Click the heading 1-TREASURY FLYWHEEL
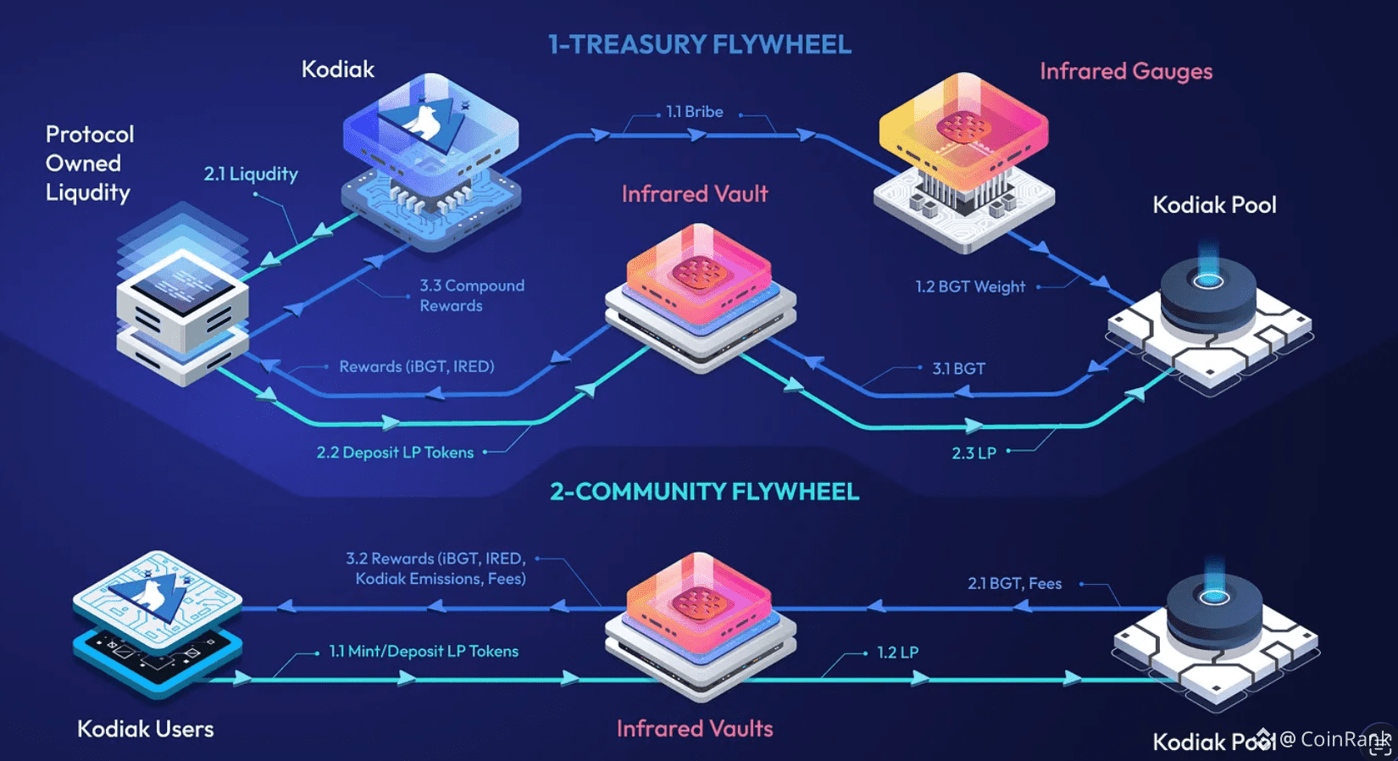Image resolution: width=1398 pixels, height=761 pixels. [699, 44]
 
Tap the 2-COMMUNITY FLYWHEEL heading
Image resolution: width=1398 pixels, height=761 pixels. [704, 492]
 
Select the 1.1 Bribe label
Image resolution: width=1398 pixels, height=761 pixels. [694, 112]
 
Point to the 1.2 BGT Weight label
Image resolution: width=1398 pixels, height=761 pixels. [969, 286]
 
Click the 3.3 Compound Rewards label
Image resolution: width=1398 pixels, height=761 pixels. [471, 296]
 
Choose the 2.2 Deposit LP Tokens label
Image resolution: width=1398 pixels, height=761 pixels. [395, 453]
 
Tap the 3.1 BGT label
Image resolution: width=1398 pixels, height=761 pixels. [958, 369]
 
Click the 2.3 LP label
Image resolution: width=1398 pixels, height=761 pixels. [974, 453]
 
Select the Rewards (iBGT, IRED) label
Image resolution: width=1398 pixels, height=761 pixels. [416, 366]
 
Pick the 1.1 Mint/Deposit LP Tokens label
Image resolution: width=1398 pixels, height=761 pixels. [424, 651]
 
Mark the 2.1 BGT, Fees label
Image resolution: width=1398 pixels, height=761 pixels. [1014, 583]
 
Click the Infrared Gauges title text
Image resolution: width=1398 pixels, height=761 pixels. [1125, 71]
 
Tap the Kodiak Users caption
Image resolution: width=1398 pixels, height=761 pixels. [145, 729]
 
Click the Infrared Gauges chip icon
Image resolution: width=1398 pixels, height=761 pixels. [964, 161]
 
